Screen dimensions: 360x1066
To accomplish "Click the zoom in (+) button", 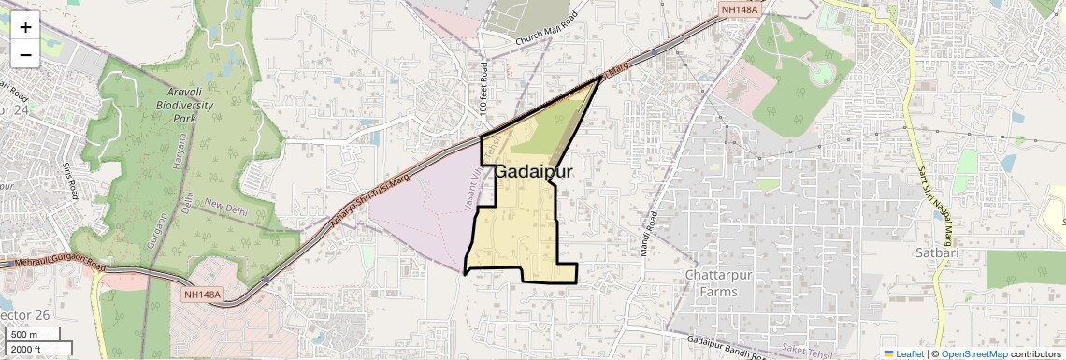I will click(x=25, y=27).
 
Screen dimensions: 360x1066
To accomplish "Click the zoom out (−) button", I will click(x=25, y=54).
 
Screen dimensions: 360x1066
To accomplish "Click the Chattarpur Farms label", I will click(x=723, y=283).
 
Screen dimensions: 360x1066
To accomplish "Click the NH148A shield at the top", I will click(x=739, y=9).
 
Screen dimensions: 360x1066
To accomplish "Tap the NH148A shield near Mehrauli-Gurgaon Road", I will click(x=203, y=295).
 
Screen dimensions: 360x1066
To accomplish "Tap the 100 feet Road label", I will click(x=484, y=89).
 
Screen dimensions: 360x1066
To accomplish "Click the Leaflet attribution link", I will click(x=903, y=353).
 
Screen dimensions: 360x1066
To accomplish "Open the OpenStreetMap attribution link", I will click(x=973, y=353).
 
